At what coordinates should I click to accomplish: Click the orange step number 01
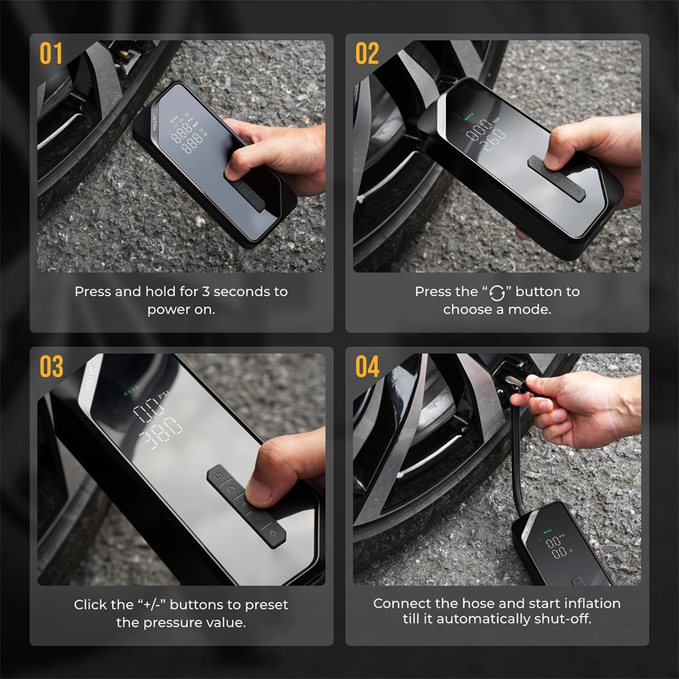[51, 53]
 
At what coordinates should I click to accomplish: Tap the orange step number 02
[367, 53]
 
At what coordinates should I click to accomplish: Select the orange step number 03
[51, 367]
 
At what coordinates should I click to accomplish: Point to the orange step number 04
[367, 367]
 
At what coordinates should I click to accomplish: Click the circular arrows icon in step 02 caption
[497, 293]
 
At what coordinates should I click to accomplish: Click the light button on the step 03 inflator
[273, 532]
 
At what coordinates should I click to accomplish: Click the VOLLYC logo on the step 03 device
[90, 378]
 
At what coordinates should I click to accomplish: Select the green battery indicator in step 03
[131, 390]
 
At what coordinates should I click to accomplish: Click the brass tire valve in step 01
[124, 54]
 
